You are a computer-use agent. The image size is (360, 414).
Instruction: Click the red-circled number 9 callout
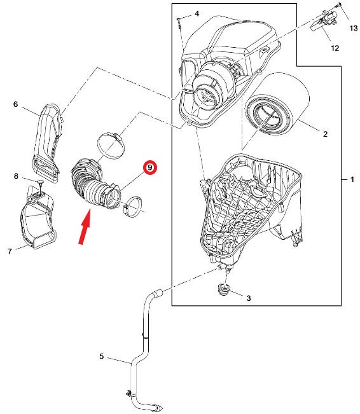click(150, 167)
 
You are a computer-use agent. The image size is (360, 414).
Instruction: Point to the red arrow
click(85, 226)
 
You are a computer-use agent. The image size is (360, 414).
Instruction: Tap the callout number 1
click(352, 179)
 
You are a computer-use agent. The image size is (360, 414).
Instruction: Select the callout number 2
click(325, 134)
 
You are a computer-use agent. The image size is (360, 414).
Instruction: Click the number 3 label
click(249, 298)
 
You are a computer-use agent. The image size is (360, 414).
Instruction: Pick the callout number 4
click(197, 13)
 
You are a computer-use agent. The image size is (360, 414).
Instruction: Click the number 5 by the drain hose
click(101, 356)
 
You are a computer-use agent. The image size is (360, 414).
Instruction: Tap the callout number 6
click(16, 104)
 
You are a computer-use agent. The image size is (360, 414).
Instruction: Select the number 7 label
click(10, 251)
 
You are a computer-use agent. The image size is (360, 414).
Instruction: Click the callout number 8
click(16, 176)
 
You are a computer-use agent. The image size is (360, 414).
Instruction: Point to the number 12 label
click(335, 48)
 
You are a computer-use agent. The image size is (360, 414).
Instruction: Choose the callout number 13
click(354, 28)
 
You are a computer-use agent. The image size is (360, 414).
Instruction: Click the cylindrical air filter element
click(277, 104)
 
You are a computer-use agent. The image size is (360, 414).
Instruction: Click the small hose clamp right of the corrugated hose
click(132, 207)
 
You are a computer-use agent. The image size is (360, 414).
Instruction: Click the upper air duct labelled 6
click(48, 143)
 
